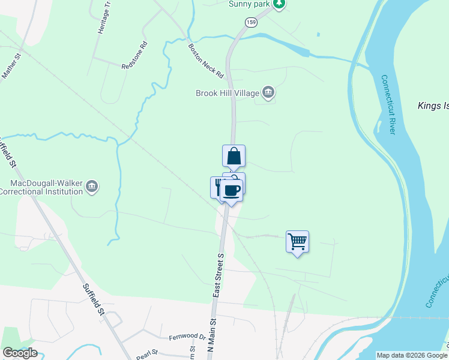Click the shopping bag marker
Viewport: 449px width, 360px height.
coord(234,157)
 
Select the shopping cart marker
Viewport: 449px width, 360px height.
coord(297,242)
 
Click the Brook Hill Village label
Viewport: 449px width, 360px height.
coord(227,93)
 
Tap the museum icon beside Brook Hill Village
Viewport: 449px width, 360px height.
coord(268,92)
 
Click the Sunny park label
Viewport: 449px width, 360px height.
coord(249,4)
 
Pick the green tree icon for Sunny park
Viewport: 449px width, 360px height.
coord(278,4)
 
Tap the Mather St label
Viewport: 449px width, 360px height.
coord(12,66)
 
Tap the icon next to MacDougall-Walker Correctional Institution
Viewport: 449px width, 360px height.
coord(92,187)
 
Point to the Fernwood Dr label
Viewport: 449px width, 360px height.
coord(187,337)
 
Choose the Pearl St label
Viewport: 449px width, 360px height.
coord(146,353)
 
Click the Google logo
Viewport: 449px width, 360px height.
coord(20,353)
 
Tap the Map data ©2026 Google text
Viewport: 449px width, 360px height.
coord(412,355)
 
